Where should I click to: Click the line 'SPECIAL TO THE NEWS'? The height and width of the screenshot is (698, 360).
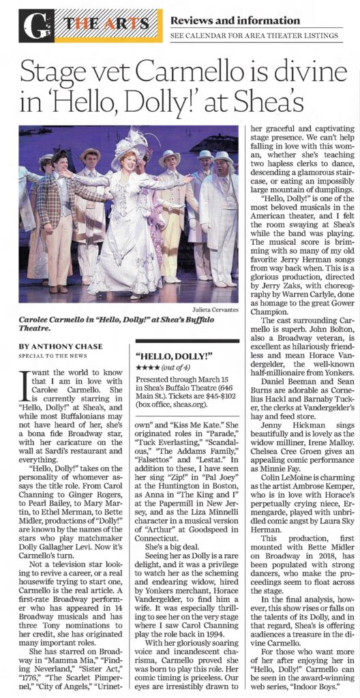(x=50, y=357)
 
